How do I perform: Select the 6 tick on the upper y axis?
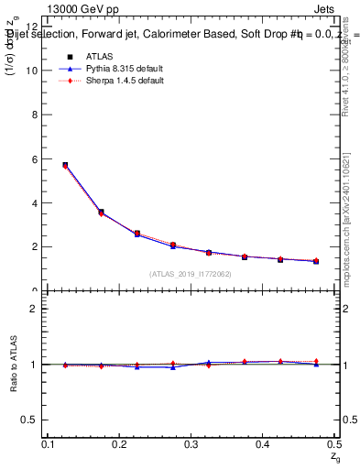click(x=35, y=158)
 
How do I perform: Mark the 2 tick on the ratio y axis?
click(x=35, y=309)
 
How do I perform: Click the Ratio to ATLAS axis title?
click(x=12, y=364)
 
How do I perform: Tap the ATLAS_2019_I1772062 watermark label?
click(x=191, y=274)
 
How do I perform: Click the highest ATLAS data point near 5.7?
click(x=65, y=165)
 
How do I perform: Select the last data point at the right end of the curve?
click(x=316, y=261)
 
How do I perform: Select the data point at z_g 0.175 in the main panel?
click(x=101, y=213)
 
